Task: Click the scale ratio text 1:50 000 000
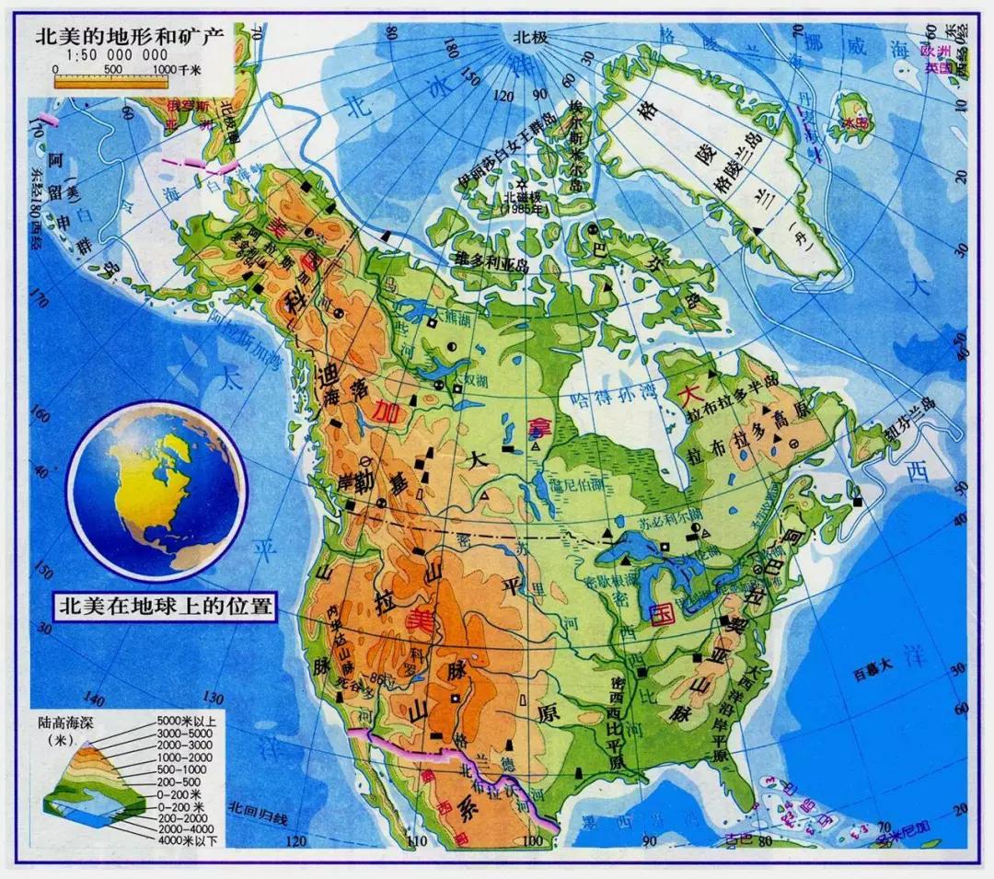[101, 57]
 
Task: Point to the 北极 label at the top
[532, 38]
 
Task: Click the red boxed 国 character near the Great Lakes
[658, 614]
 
